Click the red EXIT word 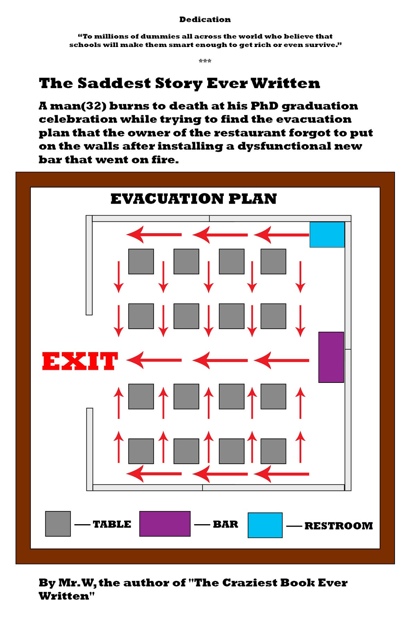point(80,361)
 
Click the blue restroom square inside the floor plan point(327,235)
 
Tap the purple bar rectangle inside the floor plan point(331,357)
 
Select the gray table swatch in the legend point(58,524)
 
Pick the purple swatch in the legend point(165,524)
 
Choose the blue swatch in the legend point(265,525)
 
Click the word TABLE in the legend point(112,524)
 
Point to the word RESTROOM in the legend point(339,526)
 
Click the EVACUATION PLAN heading point(194,199)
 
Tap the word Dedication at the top point(205,19)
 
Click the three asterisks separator point(205,61)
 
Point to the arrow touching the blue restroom point(282,235)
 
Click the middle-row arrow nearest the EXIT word point(154,360)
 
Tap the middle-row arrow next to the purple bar point(282,360)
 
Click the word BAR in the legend point(225,524)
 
